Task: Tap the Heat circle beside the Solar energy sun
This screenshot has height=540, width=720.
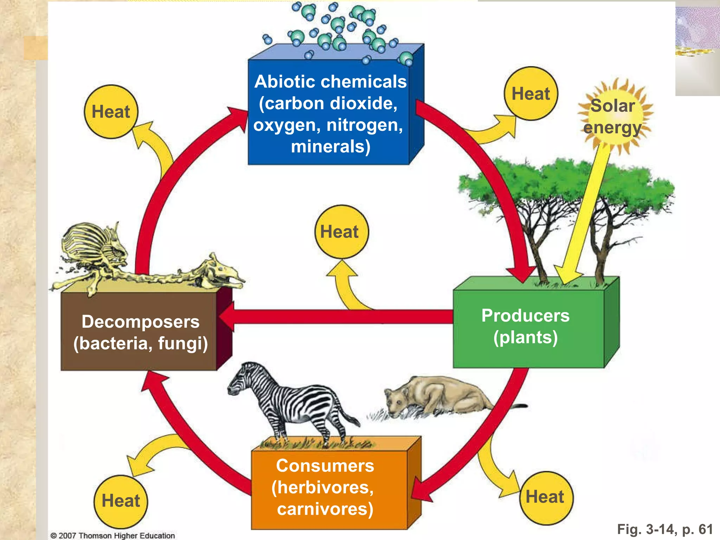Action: (x=531, y=94)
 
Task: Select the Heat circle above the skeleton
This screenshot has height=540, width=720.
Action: (x=111, y=112)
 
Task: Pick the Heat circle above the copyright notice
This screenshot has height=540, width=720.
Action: (x=121, y=501)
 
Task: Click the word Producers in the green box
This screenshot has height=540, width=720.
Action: (x=525, y=315)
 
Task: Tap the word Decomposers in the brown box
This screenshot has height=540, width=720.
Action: (x=140, y=322)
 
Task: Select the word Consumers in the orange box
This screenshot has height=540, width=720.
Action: (x=325, y=465)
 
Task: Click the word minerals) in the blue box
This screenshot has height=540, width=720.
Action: (x=330, y=146)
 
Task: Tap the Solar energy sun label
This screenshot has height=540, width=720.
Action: (x=613, y=116)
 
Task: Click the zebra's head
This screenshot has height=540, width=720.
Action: (x=239, y=381)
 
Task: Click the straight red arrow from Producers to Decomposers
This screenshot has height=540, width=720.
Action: (x=337, y=316)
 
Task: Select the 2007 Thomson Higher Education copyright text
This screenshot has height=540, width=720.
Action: (x=113, y=535)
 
